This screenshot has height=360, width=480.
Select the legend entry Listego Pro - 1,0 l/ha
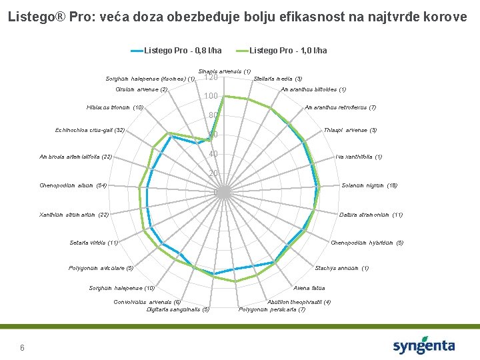click(288, 50)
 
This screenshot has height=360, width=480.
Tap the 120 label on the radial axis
click(211, 78)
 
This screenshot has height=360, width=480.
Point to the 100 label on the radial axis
click(211, 97)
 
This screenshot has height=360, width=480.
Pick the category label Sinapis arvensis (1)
click(225, 71)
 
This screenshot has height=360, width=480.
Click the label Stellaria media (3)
click(278, 79)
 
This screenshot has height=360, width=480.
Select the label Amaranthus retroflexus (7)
click(340, 108)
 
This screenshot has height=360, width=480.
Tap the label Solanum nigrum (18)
click(369, 185)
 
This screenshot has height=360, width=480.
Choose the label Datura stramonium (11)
click(371, 215)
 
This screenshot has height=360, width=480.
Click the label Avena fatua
click(309, 288)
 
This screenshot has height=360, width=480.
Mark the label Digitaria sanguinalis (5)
click(178, 309)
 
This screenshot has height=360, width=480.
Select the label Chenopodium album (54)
click(73, 185)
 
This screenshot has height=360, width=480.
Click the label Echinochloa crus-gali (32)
click(90, 130)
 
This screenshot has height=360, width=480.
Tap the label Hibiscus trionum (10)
click(115, 108)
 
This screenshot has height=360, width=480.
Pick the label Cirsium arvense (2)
click(141, 89)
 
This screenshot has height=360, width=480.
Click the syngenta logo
click(424, 345)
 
